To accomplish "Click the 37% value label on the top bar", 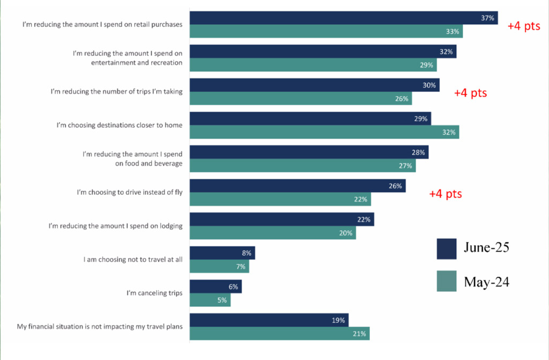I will [x=487, y=18].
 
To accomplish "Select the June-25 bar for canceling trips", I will [x=216, y=286].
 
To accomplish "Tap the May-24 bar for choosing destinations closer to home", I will [x=324, y=132].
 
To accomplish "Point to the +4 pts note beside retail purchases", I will [x=524, y=26].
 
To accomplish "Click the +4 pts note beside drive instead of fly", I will [x=445, y=194].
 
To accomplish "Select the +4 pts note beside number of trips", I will [x=470, y=93].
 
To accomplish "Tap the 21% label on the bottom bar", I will [x=359, y=334].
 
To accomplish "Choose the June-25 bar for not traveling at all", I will [x=222, y=253].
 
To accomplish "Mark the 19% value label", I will [x=338, y=320].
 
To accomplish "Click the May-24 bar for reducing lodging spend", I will [x=272, y=233].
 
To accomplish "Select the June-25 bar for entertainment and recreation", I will [x=323, y=52].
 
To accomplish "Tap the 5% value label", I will [x=222, y=300].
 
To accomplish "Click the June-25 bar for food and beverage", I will [x=309, y=152].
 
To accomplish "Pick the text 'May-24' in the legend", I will [x=486, y=282].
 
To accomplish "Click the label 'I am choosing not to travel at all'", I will [x=133, y=260].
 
